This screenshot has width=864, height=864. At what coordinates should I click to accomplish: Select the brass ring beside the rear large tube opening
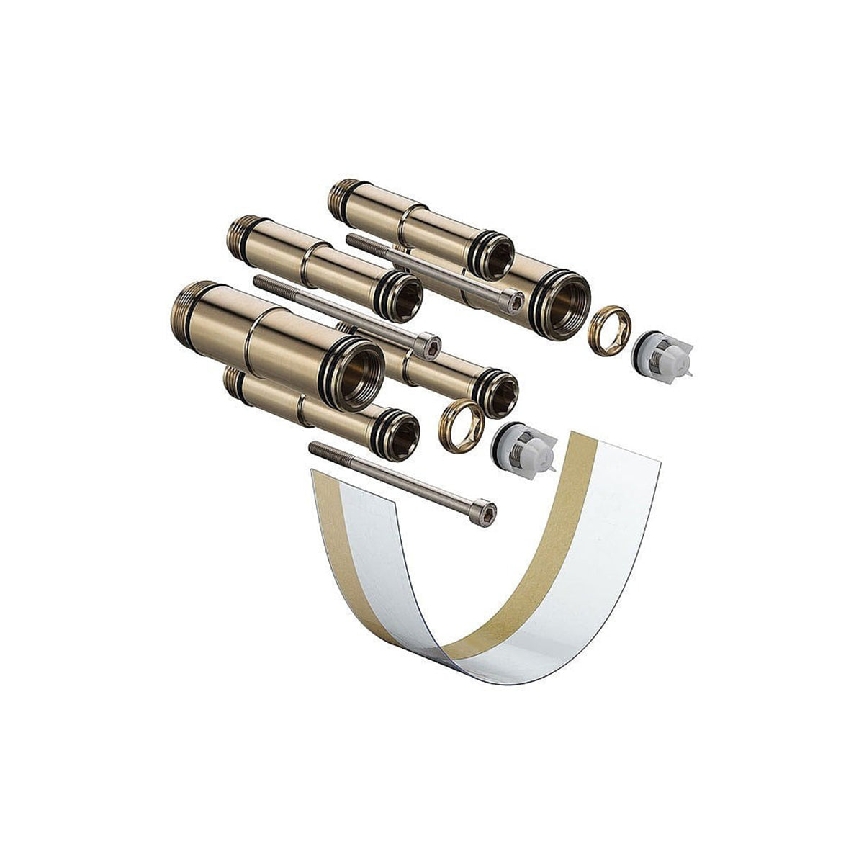click(609, 330)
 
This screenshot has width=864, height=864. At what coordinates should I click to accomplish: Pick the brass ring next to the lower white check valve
click(461, 427)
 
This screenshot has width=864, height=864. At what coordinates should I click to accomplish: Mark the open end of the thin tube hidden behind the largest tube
click(498, 394)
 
